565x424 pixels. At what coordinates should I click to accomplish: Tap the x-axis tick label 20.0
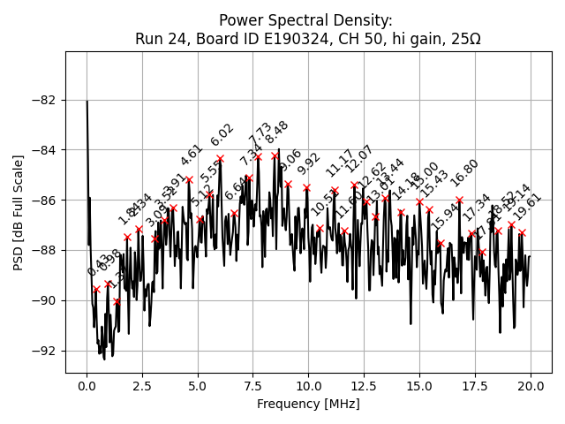[531, 387]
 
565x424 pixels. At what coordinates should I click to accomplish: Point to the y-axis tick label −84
[44, 150]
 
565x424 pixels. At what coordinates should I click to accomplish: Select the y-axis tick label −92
[44, 351]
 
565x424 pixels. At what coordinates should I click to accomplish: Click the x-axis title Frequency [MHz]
[308, 405]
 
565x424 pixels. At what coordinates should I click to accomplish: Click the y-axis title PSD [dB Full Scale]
[19, 212]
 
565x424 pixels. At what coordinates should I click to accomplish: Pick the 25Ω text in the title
[464, 39]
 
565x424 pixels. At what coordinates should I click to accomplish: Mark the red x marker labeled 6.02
[220, 159]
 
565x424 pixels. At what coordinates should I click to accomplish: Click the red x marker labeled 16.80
[459, 200]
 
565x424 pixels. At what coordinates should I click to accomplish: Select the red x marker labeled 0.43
[96, 289]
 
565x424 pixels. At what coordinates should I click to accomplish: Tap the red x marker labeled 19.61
[522, 232]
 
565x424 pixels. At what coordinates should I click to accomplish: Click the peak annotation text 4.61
[191, 155]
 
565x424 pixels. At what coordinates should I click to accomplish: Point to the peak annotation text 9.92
[308, 163]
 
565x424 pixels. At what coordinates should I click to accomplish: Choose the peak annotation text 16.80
[464, 171]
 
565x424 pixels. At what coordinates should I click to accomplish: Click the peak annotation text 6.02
[222, 135]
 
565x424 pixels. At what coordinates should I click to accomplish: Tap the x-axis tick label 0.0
[87, 387]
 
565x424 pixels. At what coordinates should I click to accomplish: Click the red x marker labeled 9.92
[306, 187]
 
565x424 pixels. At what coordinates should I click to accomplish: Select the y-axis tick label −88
[44, 250]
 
